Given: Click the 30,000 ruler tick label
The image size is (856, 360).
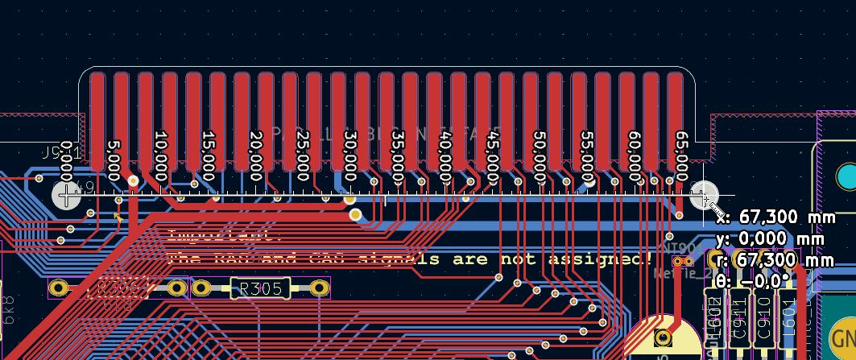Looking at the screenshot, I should pos(349,156).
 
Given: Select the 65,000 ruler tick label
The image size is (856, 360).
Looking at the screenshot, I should pos(682,156).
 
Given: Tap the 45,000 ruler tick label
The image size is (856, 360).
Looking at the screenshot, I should pos(493,156).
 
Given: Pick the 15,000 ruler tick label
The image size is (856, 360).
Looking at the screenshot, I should pos(208,156).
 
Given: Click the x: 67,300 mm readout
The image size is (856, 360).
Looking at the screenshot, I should pos(775,217).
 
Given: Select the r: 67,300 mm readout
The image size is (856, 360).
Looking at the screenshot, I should pos(775,260).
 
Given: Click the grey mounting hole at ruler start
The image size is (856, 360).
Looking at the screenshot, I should pos(66,195).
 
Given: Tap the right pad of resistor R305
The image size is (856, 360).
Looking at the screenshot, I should pos(320,288).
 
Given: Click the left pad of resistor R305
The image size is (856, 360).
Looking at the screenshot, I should pos(201,288).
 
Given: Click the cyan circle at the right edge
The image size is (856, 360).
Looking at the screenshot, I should pos(846,176).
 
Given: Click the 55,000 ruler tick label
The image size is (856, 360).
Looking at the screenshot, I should pos(587,156).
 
